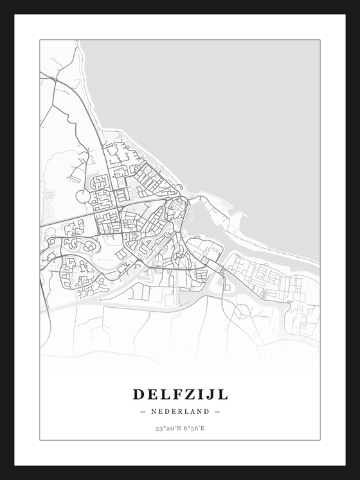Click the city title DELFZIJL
[180, 393]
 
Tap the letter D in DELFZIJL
[139, 393]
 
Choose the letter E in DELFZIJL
[152, 393]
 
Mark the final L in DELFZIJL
[222, 393]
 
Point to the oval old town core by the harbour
[175, 207]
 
